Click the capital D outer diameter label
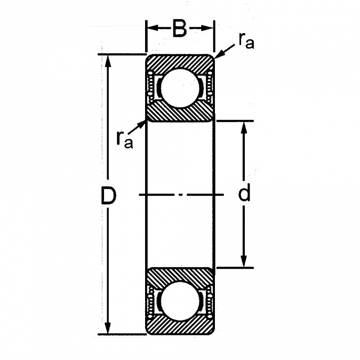(x=108, y=195)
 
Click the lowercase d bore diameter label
(x=244, y=194)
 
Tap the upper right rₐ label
(x=246, y=41)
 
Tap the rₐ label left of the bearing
(x=124, y=140)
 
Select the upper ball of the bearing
(x=180, y=88)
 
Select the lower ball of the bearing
(x=180, y=301)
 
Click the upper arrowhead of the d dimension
(x=244, y=127)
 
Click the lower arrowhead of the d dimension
(x=244, y=261)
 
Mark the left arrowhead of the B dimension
(x=153, y=28)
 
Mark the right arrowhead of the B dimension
(x=207, y=28)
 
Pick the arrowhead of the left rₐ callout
(x=141, y=125)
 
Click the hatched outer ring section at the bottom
(x=180, y=325)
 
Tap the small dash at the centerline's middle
(x=181, y=195)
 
